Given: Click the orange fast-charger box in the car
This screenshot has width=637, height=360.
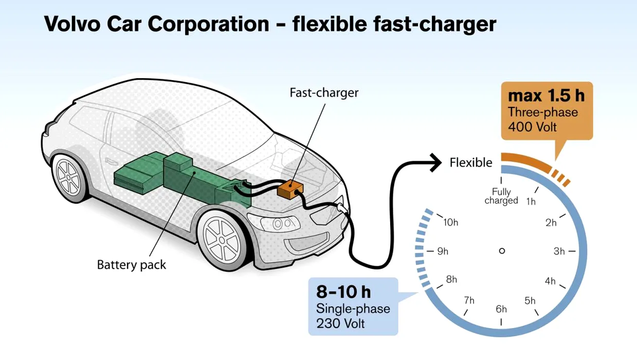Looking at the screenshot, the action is (290, 189).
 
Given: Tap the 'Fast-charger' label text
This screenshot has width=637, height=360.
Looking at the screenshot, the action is (324, 93).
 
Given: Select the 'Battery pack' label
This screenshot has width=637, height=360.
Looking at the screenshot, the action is (132, 265).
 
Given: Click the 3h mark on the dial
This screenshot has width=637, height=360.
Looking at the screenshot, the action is (559, 251).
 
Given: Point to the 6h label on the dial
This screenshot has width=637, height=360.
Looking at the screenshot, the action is (501, 309).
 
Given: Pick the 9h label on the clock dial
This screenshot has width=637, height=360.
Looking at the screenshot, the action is (443, 251).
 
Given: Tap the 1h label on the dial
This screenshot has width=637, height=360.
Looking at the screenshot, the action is (531, 202).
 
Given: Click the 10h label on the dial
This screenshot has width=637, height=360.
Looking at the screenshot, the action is (451, 222).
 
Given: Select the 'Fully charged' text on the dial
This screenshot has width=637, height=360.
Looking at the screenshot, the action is (501, 196).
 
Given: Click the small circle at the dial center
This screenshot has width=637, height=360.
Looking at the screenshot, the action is (502, 251).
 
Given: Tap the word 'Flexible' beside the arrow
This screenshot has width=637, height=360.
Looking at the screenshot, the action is (471, 163).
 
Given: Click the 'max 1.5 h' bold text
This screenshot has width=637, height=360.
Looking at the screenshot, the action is (547, 96).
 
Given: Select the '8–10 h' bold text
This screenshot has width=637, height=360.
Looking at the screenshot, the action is (343, 292).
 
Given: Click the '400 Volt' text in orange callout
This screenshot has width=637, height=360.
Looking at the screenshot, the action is (532, 127).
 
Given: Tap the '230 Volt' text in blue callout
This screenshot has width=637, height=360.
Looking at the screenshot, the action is (340, 323).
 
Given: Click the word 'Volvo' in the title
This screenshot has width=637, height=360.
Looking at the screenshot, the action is (72, 24).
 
